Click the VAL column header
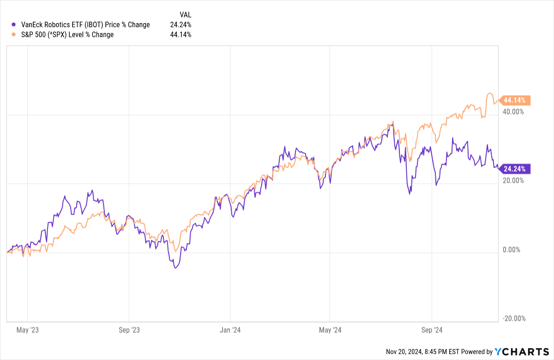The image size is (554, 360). pyautogui.click(x=185, y=14)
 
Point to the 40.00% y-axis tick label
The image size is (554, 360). pyautogui.click(x=513, y=112)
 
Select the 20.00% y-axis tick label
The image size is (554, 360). pyautogui.click(x=513, y=180)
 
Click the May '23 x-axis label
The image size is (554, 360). pyautogui.click(x=28, y=330)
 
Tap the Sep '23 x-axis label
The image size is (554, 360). pyautogui.click(x=129, y=330)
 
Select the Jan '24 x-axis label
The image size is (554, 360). pyautogui.click(x=230, y=330)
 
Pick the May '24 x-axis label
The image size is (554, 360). pyautogui.click(x=330, y=330)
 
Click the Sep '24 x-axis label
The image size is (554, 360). pyautogui.click(x=432, y=330)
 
